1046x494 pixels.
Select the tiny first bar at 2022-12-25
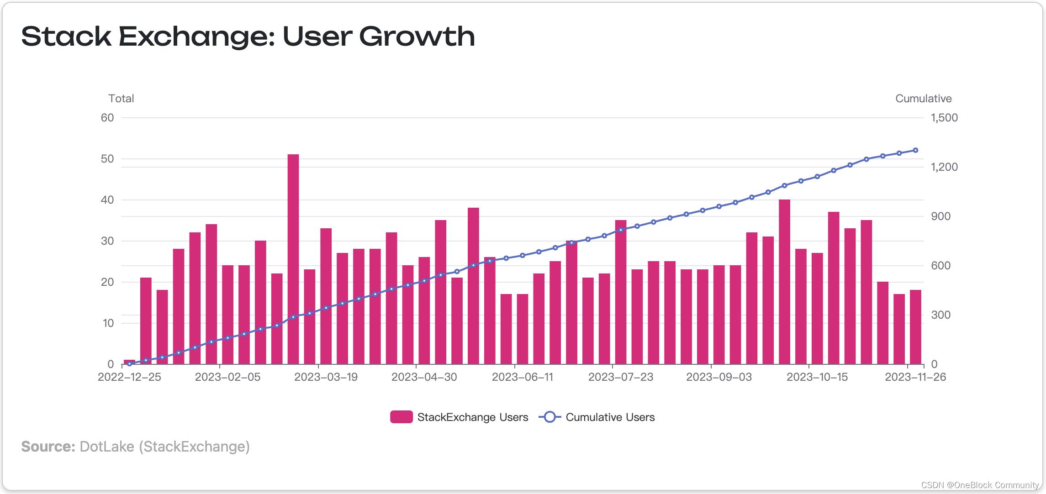[x=129, y=362]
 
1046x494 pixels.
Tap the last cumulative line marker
[x=915, y=150]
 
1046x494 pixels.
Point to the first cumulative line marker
[x=129, y=363]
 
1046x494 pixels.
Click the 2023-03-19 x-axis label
[x=326, y=377]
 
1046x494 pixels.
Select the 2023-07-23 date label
[x=620, y=377]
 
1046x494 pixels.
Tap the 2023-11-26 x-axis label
[x=915, y=377]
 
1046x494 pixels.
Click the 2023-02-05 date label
[x=227, y=377]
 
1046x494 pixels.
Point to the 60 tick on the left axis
[x=107, y=118]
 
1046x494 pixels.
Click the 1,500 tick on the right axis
[x=944, y=118]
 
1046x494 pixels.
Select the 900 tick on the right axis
[x=940, y=216]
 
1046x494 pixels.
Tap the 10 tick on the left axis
[x=108, y=323]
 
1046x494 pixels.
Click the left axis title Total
[x=121, y=99]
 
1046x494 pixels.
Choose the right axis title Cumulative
[x=923, y=99]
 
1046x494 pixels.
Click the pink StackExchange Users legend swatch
[x=401, y=417]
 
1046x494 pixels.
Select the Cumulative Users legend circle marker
[x=550, y=417]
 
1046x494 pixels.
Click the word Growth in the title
[x=417, y=37]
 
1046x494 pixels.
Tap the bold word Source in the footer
[x=48, y=447]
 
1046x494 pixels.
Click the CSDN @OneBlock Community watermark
[x=980, y=485]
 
